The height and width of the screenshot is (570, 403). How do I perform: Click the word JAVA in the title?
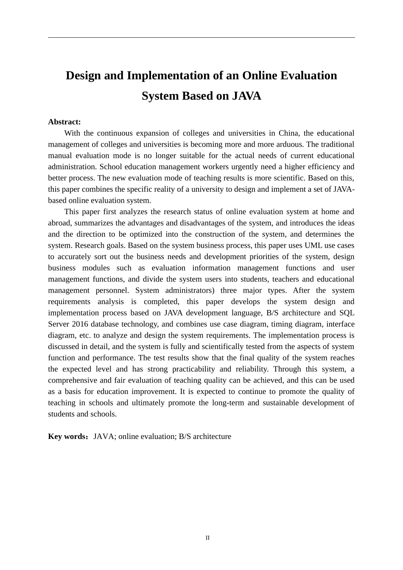246,96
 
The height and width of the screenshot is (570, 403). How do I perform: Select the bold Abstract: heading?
64,122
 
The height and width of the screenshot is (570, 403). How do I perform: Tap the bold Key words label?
67,437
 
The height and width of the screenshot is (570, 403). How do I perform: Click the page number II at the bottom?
207,538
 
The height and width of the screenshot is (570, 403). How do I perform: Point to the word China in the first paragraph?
288,133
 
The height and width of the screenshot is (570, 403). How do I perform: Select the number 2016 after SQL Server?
80,324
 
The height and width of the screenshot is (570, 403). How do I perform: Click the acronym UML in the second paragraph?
313,246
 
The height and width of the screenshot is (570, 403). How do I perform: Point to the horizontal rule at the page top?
201,38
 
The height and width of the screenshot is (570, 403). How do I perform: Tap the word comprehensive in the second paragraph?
72,380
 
